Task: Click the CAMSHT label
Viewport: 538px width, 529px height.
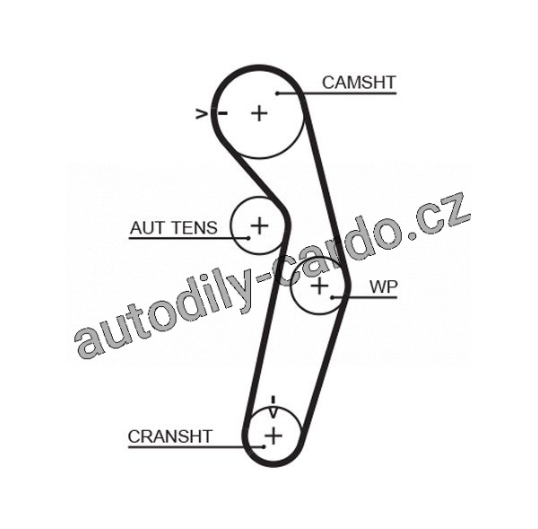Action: (x=359, y=83)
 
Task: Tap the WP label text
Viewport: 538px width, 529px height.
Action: (x=384, y=287)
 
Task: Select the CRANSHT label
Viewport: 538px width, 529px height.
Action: (x=169, y=436)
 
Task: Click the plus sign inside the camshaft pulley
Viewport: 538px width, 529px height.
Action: (x=259, y=113)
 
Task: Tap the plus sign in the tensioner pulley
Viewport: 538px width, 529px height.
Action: (x=258, y=225)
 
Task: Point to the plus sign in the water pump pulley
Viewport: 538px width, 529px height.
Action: (x=320, y=287)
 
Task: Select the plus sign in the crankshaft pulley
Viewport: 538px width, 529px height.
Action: (x=273, y=436)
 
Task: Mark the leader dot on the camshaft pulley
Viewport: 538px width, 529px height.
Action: (x=279, y=93)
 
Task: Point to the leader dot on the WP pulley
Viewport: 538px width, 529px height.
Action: (x=334, y=296)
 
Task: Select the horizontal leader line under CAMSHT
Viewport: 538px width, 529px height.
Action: (x=337, y=93)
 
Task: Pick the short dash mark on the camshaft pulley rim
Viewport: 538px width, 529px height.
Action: (x=221, y=113)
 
